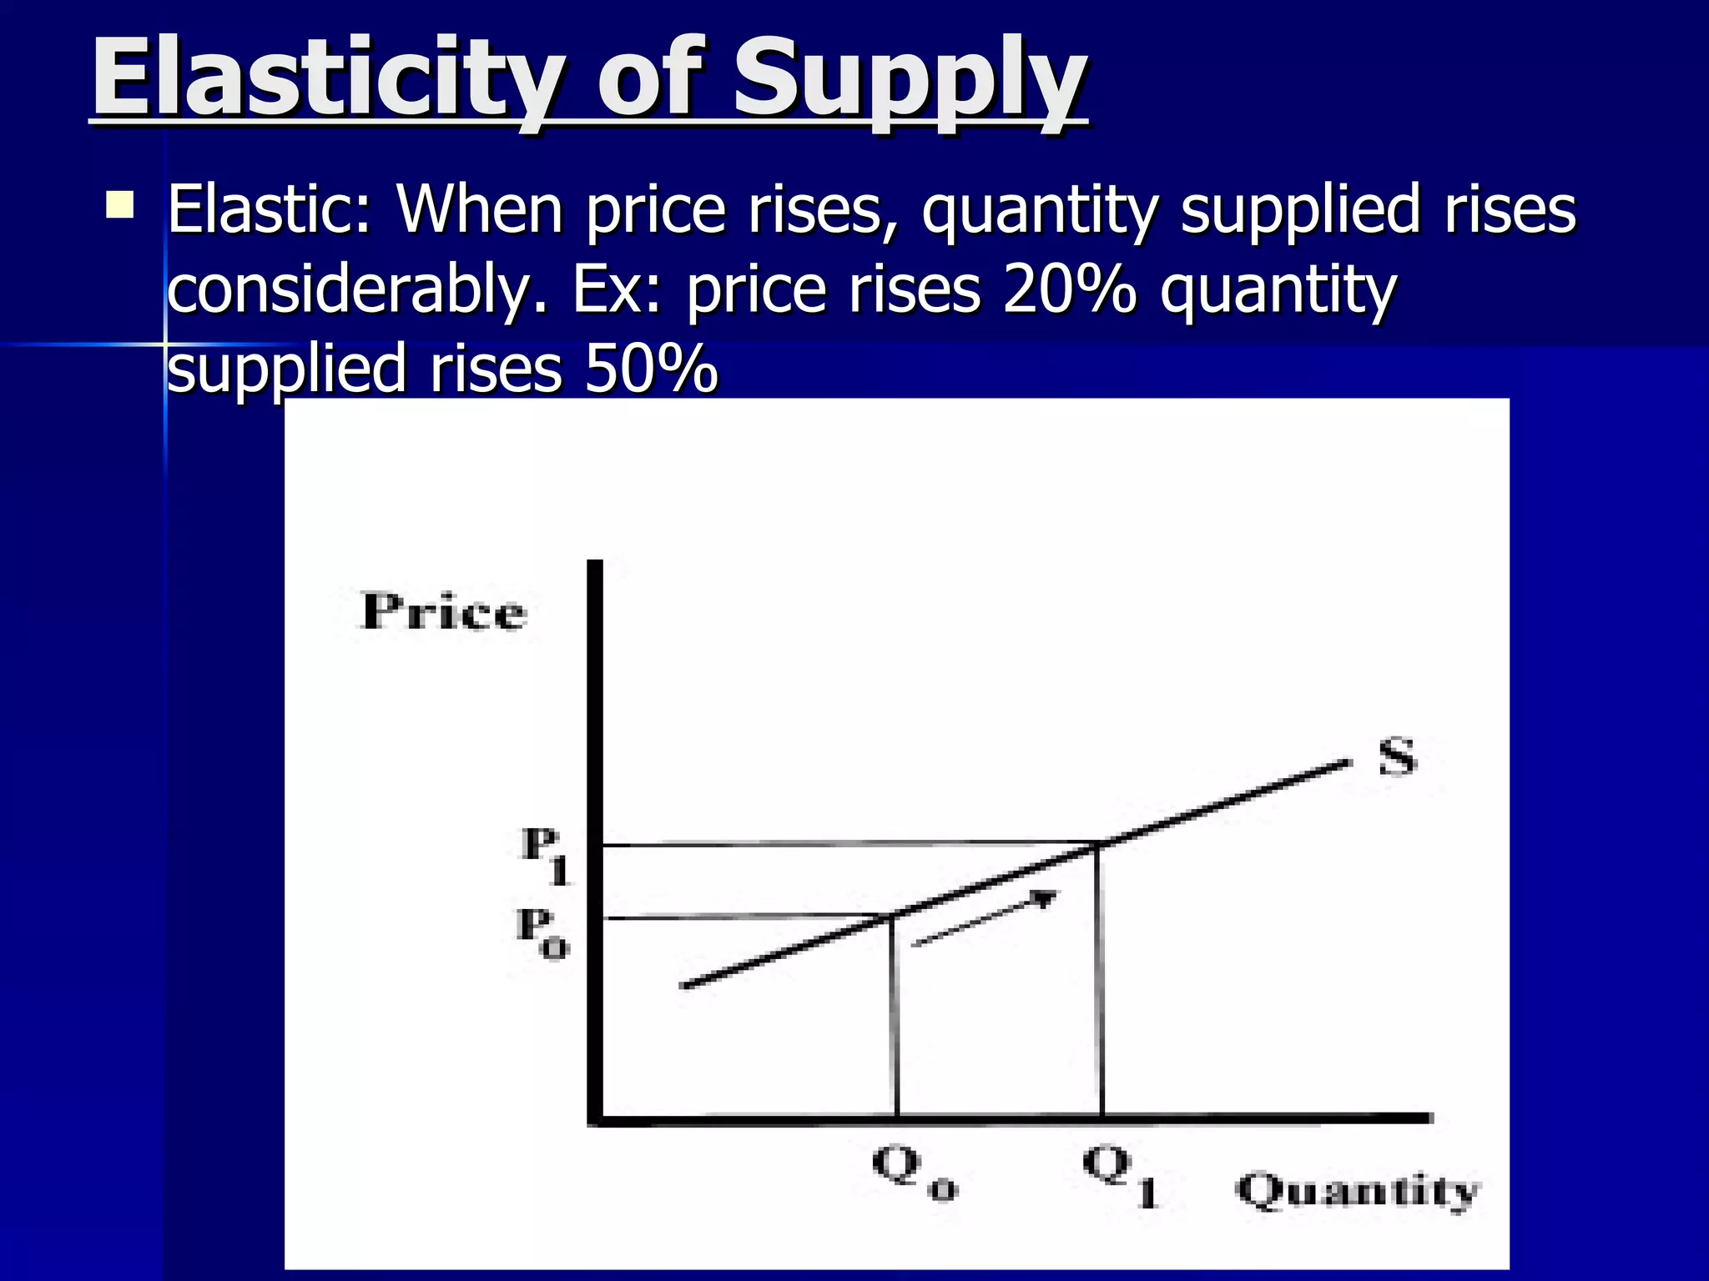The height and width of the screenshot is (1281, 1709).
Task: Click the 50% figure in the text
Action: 651,368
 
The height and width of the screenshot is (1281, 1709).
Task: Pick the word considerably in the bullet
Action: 350,290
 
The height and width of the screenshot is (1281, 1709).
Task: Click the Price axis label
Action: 443,612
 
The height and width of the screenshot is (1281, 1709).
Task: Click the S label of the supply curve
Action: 1397,757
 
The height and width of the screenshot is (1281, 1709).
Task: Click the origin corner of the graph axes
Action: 595,1119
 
